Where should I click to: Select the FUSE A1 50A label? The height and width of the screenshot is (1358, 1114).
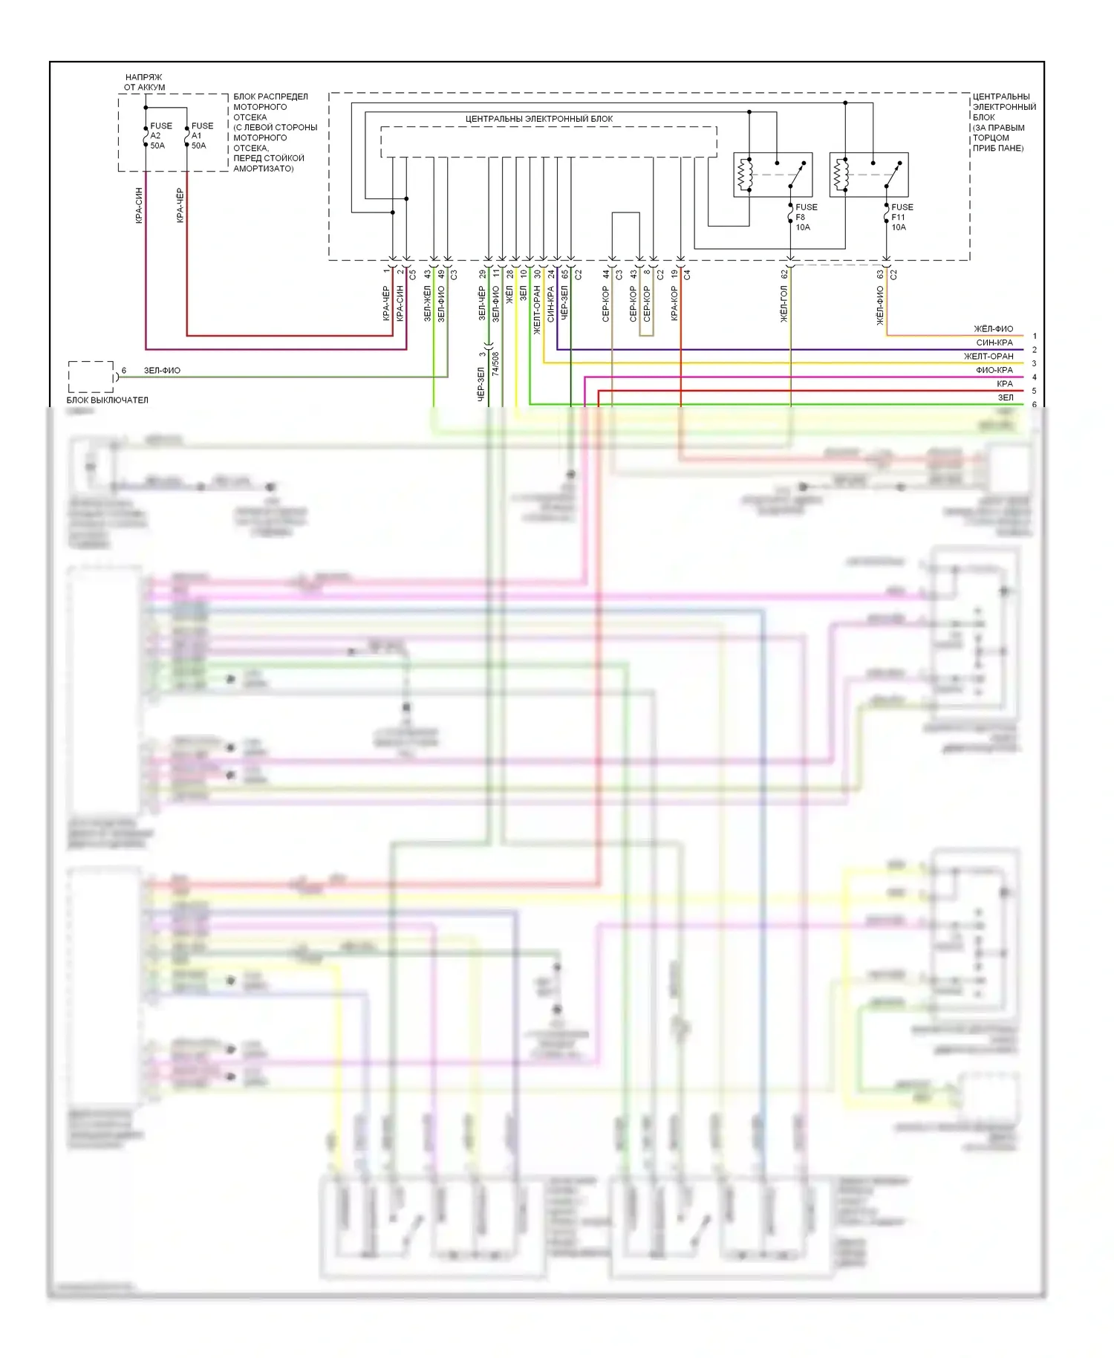pos(201,136)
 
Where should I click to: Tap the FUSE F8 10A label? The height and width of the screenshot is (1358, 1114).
pos(805,217)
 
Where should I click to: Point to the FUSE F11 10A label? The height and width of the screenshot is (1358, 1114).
pos(901,217)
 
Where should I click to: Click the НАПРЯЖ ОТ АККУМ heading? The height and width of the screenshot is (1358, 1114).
pos(144,82)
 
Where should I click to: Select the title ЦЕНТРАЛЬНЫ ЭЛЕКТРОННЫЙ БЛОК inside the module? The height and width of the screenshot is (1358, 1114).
pos(539,119)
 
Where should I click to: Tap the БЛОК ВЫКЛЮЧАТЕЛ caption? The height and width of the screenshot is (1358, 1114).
pos(107,400)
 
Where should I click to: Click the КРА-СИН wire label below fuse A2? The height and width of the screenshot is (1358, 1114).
pos(139,206)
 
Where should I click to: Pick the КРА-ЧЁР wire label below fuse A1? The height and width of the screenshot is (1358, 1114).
pos(180,206)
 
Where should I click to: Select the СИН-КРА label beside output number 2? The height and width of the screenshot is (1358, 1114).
pos(994,343)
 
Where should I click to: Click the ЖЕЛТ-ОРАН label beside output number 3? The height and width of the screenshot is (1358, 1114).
pos(988,357)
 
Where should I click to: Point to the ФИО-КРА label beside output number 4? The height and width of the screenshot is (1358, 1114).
pos(994,370)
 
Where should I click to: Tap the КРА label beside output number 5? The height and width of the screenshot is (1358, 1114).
pos(1004,384)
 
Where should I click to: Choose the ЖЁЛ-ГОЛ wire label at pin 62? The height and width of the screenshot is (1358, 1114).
pos(784,305)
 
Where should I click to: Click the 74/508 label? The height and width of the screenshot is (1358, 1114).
pos(495,363)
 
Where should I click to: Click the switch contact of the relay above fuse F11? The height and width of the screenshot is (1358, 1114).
pos(893,175)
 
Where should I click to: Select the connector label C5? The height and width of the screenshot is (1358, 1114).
pos(413,275)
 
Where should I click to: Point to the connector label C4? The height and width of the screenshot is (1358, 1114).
pos(688,275)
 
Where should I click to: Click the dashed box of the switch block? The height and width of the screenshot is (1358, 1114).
pos(91,377)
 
